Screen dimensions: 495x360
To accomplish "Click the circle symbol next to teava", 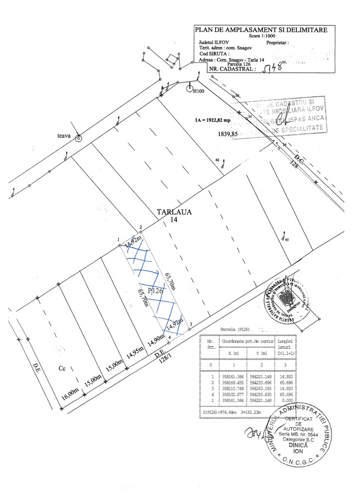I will tap(79, 139).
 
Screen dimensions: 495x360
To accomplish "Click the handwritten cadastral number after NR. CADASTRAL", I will tap(273, 68).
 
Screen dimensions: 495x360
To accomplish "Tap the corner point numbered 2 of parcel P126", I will tap(141, 232).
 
